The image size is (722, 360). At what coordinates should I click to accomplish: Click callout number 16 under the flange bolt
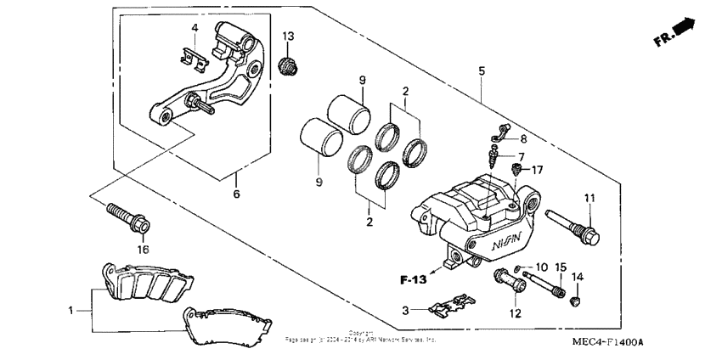pos(143,250)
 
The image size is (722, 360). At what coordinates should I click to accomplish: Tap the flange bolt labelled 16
pos(127,217)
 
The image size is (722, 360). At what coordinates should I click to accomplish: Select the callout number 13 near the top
pos(288,36)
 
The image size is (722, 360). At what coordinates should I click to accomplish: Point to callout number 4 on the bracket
pos(195,29)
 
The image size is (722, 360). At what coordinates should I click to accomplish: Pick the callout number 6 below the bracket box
pos(236,194)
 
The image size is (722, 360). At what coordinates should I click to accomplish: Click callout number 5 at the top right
pos(482,72)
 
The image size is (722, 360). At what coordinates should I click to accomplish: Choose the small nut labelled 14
pos(577,301)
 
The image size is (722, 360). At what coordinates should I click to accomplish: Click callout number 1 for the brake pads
pos(72,311)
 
